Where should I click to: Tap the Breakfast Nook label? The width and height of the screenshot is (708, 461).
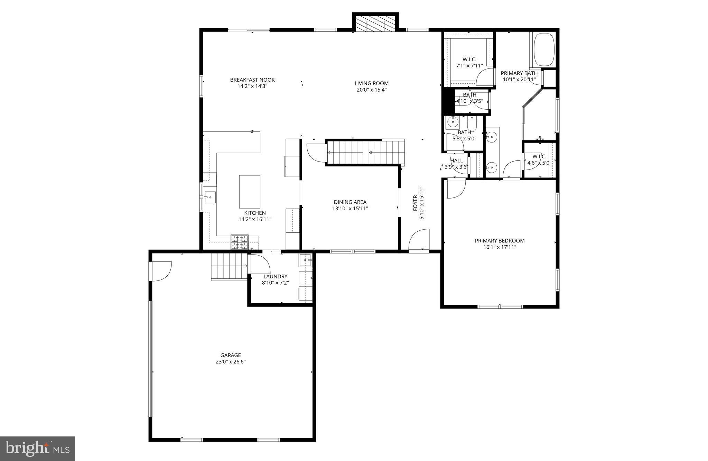252,80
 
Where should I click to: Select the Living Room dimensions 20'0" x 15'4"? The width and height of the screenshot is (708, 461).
372,90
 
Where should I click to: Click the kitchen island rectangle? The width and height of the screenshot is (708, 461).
250,192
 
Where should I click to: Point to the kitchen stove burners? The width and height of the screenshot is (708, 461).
240,242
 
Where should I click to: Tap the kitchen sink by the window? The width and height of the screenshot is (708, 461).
209,197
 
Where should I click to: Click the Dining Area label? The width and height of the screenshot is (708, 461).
350,202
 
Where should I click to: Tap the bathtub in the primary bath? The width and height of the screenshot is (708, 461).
544,49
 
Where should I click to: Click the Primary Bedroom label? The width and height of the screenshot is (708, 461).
500,241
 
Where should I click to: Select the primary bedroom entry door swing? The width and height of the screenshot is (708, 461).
456,189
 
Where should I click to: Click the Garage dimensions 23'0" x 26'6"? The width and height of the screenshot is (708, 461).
231,362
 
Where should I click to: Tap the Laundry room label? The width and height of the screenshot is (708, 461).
275,277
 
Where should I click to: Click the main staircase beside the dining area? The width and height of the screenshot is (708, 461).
365,152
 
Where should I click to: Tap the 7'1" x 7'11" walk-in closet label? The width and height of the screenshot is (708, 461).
469,66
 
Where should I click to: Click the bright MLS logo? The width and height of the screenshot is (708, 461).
37,449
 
